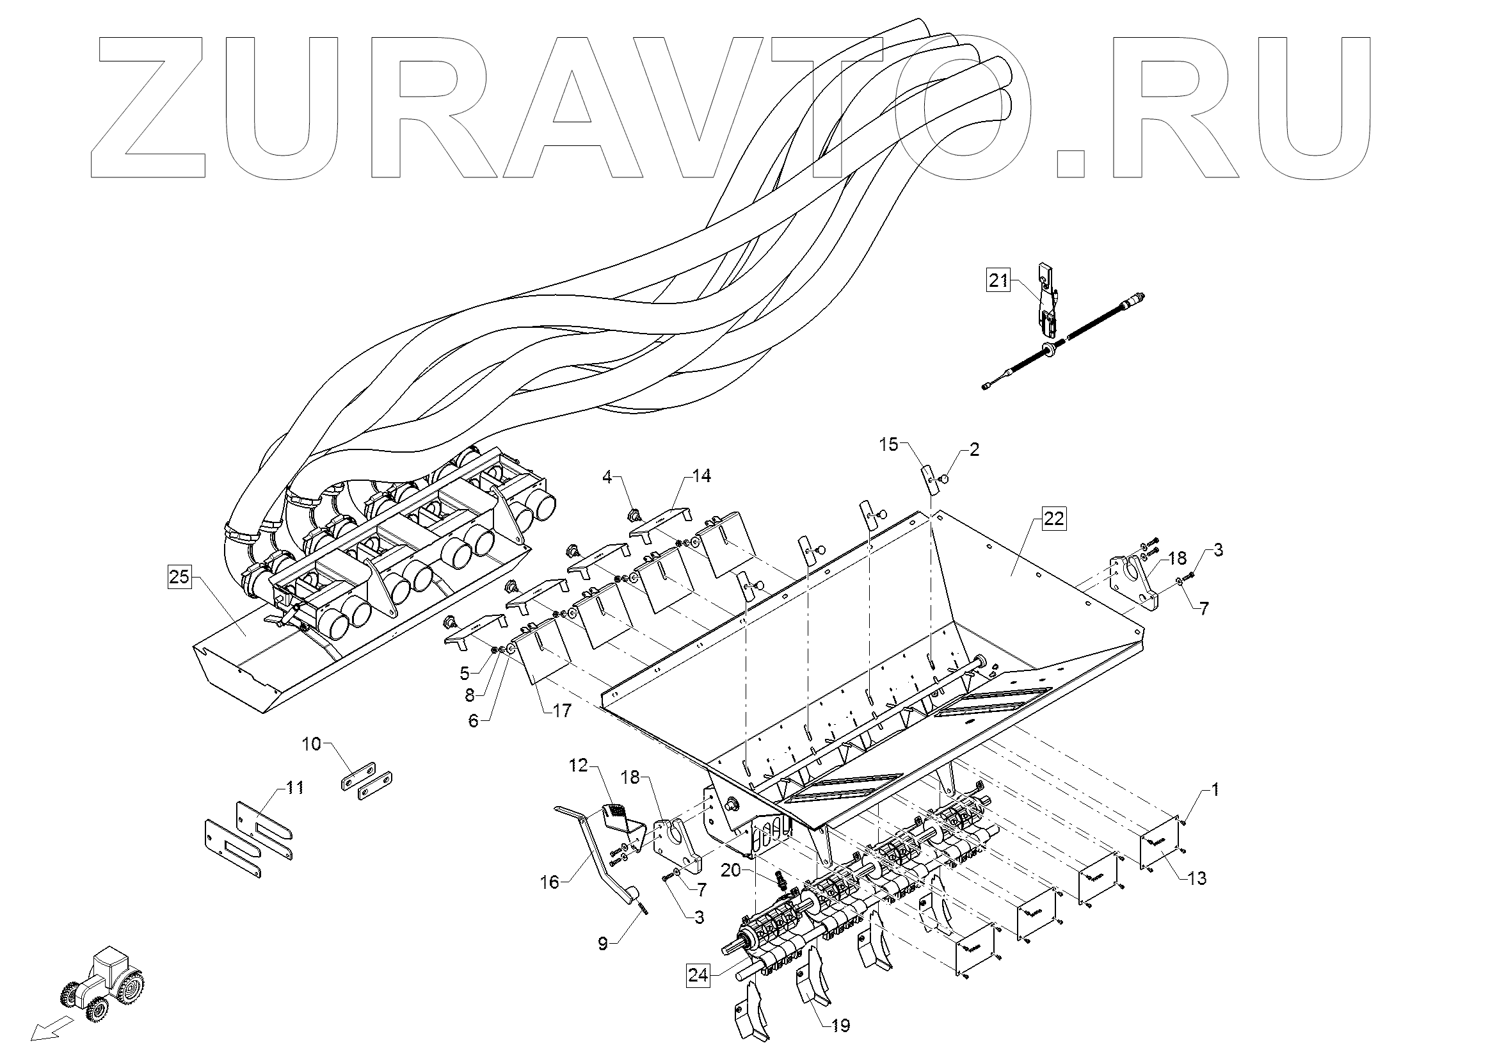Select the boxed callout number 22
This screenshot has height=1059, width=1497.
[1054, 519]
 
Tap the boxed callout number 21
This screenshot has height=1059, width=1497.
[998, 281]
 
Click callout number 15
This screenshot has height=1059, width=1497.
[889, 445]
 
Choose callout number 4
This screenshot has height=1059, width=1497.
[607, 478]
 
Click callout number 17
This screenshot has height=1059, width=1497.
[562, 709]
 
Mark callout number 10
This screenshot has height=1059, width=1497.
[312, 743]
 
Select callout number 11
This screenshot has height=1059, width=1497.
[295, 788]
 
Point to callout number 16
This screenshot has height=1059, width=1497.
[550, 882]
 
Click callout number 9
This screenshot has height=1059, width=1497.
[603, 944]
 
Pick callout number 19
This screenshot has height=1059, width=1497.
[841, 1026]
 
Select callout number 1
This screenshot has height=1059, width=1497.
[1215, 789]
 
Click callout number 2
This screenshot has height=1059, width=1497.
[974, 450]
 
